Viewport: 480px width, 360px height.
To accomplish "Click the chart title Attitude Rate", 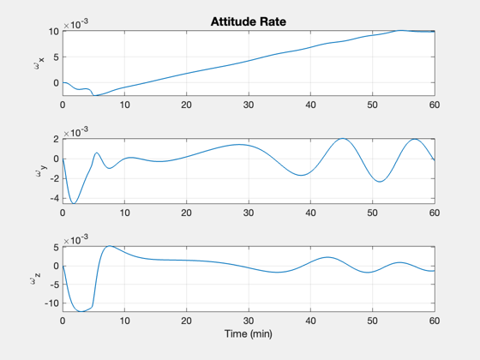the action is click(x=249, y=21).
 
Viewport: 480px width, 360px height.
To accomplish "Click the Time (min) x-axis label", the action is click(x=249, y=333).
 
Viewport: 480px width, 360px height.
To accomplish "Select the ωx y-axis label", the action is click(x=39, y=63).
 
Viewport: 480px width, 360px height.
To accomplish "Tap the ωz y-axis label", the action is click(x=35, y=279).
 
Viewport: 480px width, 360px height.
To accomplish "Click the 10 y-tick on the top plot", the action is click(x=53, y=31).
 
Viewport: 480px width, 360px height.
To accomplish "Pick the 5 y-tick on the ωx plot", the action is click(x=56, y=57).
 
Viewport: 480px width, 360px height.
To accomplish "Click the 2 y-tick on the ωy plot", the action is click(x=56, y=139).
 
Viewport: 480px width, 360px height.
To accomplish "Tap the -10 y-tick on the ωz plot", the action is click(x=51, y=303).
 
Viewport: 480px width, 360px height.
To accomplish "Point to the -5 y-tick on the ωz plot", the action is click(x=53, y=285).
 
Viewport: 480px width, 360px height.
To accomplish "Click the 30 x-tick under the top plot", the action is click(x=249, y=105).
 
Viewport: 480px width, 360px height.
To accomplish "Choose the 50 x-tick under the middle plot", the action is click(x=372, y=213).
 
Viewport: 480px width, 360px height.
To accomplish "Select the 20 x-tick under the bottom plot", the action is click(x=186, y=321).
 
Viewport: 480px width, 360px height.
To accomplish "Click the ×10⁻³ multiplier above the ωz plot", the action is click(x=76, y=239).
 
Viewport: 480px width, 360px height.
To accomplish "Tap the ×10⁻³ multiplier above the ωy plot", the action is click(x=76, y=132).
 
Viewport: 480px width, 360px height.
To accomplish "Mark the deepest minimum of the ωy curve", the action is click(x=74, y=203).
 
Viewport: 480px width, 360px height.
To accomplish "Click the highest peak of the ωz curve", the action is click(x=110, y=246).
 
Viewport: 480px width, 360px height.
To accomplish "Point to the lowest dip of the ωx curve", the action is click(x=95, y=95).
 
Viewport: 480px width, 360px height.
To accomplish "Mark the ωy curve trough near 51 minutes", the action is click(x=380, y=182).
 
